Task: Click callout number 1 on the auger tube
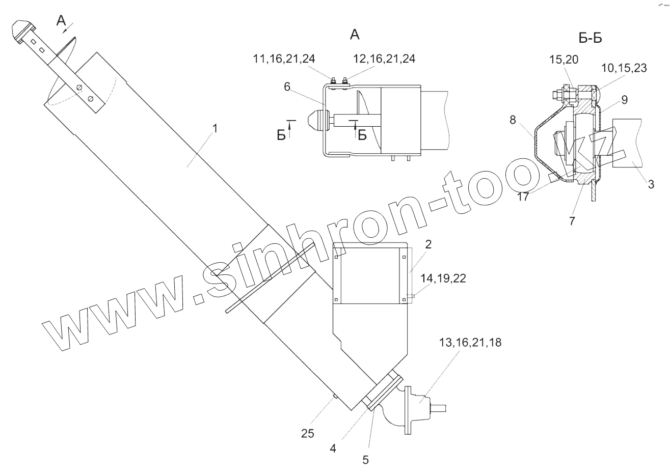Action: point(215,128)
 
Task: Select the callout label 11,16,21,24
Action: point(284,59)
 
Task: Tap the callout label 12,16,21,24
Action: point(384,59)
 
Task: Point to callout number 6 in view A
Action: point(287,87)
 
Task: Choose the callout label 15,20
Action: point(564,60)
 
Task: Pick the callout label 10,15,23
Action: point(624,68)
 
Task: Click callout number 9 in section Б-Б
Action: point(624,100)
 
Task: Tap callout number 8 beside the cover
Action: point(513,120)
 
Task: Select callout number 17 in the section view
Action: point(523,197)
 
